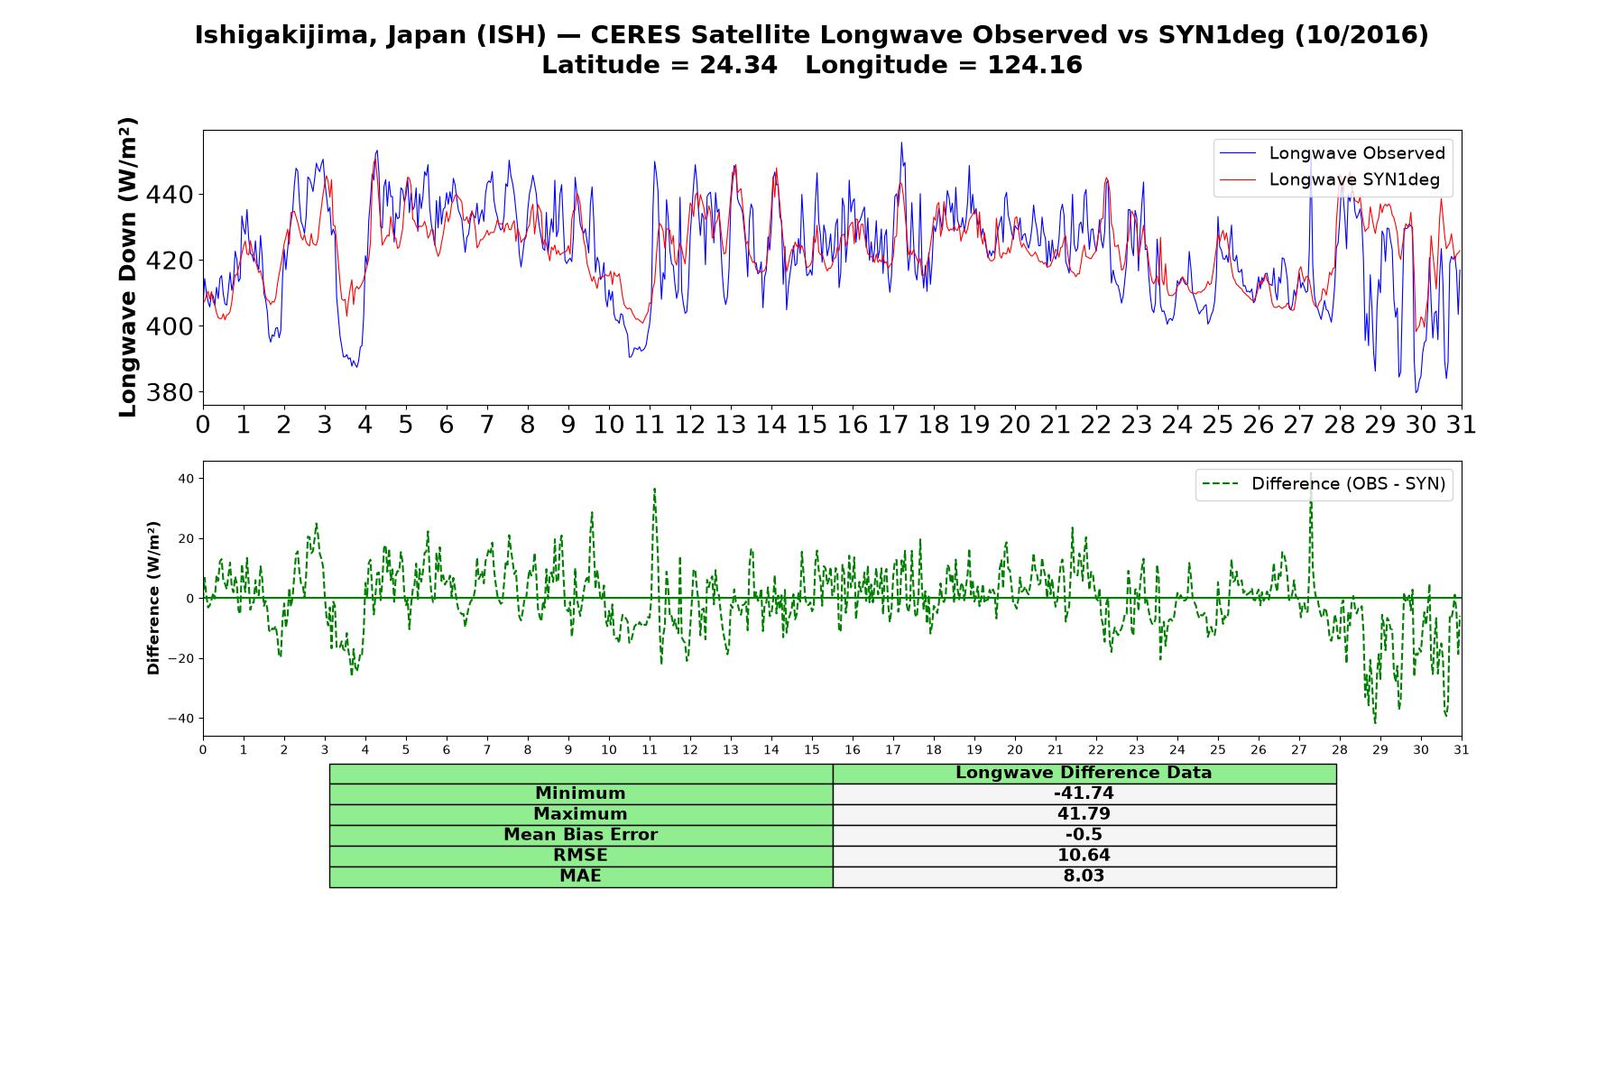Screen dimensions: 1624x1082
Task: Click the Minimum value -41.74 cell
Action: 1084,793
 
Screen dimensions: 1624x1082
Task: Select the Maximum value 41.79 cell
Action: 1084,814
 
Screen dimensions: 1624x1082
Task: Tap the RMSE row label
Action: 580,856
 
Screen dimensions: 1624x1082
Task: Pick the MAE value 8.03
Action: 1084,876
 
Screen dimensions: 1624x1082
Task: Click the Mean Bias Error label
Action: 580,835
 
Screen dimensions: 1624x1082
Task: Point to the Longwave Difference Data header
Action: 1084,773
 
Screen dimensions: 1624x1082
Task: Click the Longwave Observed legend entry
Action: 1332,153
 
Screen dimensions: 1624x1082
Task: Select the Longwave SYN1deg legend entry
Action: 1330,179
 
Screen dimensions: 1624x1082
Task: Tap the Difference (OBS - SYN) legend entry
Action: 1324,484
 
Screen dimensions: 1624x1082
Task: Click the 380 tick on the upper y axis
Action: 175,393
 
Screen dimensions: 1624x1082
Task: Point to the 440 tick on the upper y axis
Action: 175,195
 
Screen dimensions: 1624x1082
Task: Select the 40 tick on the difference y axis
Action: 185,479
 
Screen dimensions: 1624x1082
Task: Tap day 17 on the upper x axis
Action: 893,425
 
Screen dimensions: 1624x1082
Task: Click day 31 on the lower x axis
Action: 1462,749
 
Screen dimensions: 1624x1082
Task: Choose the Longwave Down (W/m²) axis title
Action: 128,267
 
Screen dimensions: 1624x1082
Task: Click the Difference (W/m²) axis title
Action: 153,598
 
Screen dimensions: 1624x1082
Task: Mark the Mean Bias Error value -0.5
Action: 1084,835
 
